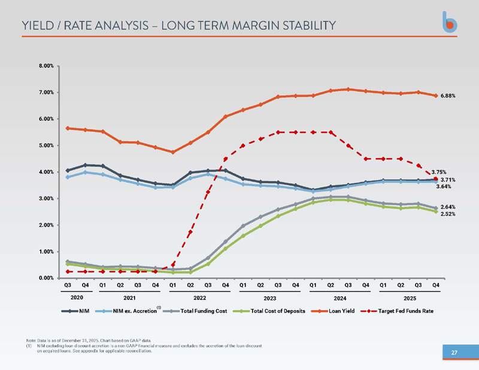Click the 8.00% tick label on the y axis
46,66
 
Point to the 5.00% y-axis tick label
46,145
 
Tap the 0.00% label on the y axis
46,278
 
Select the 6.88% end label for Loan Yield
448,96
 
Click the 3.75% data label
439,172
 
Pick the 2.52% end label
448,214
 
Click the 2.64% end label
448,207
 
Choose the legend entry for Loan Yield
333,311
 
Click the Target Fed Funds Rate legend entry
397,311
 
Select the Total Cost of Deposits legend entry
269,311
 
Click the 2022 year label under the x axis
200,298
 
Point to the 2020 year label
77,298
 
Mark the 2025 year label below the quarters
410,298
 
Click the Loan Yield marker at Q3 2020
68,128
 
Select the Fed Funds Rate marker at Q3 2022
208,192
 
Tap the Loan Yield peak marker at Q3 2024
348,89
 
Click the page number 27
454,353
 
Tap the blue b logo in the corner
450,22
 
